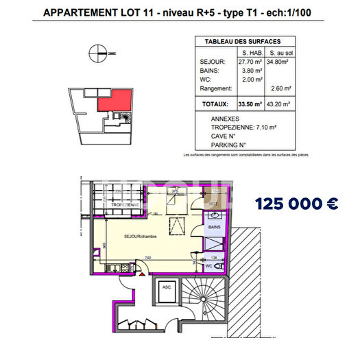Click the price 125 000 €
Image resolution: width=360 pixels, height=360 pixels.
(296, 204)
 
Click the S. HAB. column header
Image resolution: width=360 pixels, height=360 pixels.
(250, 52)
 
